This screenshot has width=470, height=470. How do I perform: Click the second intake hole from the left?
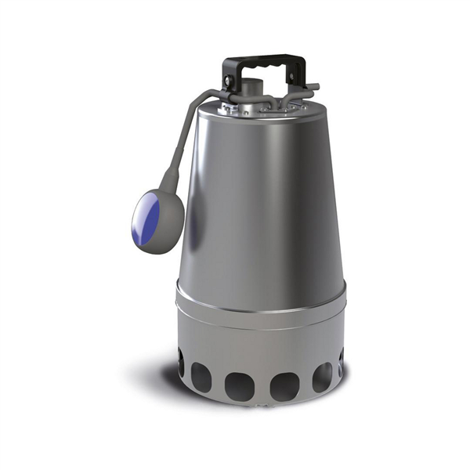(201, 379)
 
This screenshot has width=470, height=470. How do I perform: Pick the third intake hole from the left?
(238, 387)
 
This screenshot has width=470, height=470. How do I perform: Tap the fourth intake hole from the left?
(282, 386)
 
